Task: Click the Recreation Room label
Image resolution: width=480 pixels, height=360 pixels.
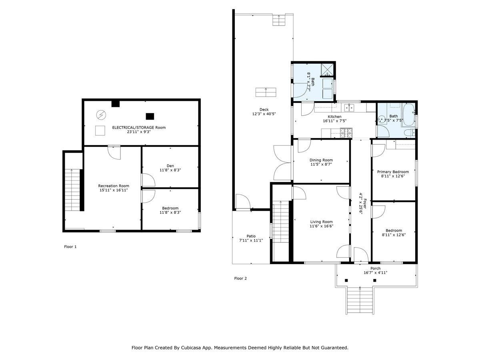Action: pos(114,186)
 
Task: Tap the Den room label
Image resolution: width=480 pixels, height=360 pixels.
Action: pos(170,166)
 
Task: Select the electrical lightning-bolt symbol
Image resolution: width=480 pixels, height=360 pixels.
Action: pos(101,115)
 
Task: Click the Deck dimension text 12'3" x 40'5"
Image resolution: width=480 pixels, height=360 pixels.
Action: pos(264,114)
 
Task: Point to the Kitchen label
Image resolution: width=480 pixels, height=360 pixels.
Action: pos(334,116)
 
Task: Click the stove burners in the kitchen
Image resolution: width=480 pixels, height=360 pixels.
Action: pos(346,133)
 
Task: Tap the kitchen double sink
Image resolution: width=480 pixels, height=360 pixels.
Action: pos(349,108)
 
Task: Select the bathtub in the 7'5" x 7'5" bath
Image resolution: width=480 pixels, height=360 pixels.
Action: pos(408,114)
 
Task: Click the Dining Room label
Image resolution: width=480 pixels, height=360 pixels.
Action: pos(321,160)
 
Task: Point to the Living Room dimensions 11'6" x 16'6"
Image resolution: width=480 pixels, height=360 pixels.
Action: pos(321,226)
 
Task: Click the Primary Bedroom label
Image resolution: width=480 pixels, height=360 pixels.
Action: pos(393,172)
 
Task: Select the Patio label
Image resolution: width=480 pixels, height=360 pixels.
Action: pos(251,236)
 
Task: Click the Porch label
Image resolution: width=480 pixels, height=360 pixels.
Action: pos(376,268)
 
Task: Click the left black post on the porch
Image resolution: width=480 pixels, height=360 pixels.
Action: pos(346,280)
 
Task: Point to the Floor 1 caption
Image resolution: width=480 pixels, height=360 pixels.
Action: pos(70,247)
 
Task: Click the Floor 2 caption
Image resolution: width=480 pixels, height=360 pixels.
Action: pos(240,278)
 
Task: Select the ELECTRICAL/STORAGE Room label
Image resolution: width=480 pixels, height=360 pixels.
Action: pos(139,128)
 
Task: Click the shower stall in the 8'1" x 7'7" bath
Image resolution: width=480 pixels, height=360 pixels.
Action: pos(327,70)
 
